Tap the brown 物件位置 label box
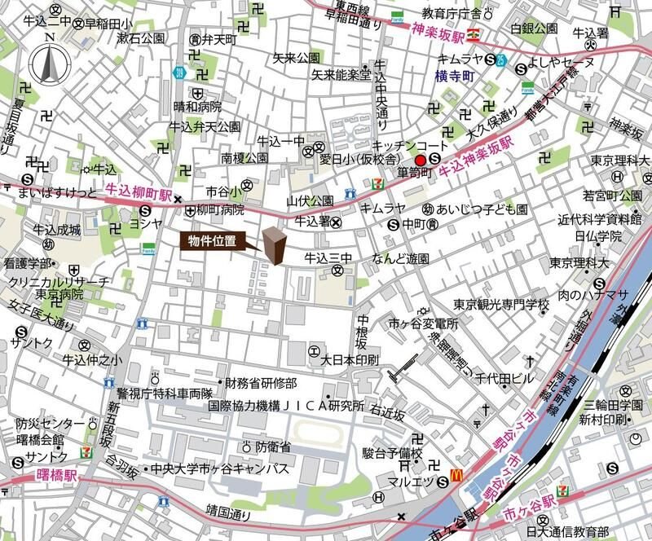[214, 241]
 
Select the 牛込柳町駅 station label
[139, 196]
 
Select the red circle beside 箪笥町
[421, 159]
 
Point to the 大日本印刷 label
[350, 358]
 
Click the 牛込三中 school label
[328, 258]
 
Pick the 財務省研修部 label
[261, 383]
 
